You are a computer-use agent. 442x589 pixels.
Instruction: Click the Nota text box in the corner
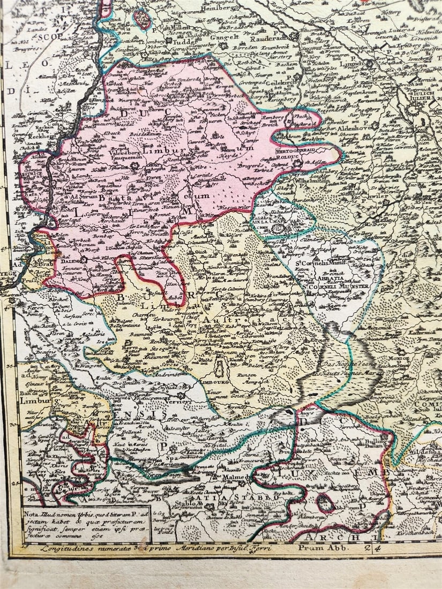[87, 524]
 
